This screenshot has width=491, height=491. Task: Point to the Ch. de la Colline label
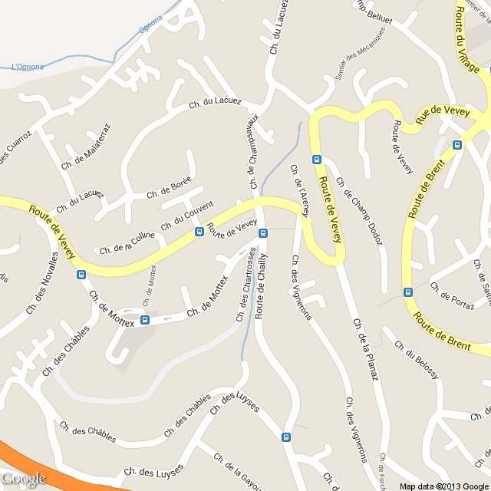click(x=128, y=244)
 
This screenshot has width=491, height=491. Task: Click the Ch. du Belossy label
click(x=417, y=358)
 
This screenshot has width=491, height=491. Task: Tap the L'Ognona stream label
click(x=28, y=67)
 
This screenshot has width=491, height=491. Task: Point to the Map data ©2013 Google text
click(x=443, y=486)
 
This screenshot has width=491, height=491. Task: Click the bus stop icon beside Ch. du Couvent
click(x=199, y=231)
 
